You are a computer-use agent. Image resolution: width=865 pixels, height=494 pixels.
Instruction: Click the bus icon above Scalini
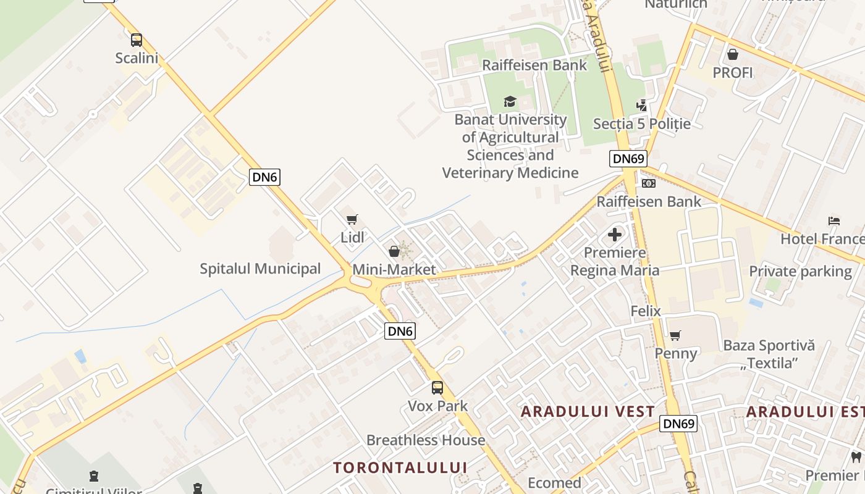(137, 40)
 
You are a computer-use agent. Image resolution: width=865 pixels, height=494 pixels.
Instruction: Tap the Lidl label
(352, 237)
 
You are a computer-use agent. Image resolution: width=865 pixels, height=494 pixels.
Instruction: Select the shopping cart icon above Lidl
(352, 219)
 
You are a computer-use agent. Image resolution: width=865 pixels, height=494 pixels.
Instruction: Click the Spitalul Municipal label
(260, 269)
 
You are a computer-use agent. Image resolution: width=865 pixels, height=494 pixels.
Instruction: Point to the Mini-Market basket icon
(394, 251)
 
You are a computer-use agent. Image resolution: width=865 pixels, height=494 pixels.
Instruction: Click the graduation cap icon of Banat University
(510, 101)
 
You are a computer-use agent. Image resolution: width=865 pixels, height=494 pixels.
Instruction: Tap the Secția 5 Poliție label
(641, 124)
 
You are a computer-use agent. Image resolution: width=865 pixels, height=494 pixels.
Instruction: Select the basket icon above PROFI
(733, 54)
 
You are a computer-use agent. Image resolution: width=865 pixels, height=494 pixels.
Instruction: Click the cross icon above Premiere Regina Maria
(615, 235)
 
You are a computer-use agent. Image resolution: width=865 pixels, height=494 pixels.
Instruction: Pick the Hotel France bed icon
(834, 220)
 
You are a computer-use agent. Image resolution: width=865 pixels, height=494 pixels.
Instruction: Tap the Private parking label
(800, 271)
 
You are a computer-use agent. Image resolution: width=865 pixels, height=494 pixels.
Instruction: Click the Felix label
(646, 311)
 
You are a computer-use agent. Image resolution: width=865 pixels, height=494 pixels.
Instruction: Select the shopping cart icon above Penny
(675, 336)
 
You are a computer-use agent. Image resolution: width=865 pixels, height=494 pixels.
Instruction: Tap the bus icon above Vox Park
(437, 388)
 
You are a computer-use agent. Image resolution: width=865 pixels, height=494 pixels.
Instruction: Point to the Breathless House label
(426, 440)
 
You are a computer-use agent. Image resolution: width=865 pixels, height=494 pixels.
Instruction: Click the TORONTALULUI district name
(400, 467)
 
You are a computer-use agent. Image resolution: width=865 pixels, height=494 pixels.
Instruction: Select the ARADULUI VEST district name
(588, 412)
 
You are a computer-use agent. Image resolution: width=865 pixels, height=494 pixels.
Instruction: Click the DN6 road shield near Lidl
(265, 177)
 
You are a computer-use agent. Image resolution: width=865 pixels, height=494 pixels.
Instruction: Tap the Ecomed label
(554, 483)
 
